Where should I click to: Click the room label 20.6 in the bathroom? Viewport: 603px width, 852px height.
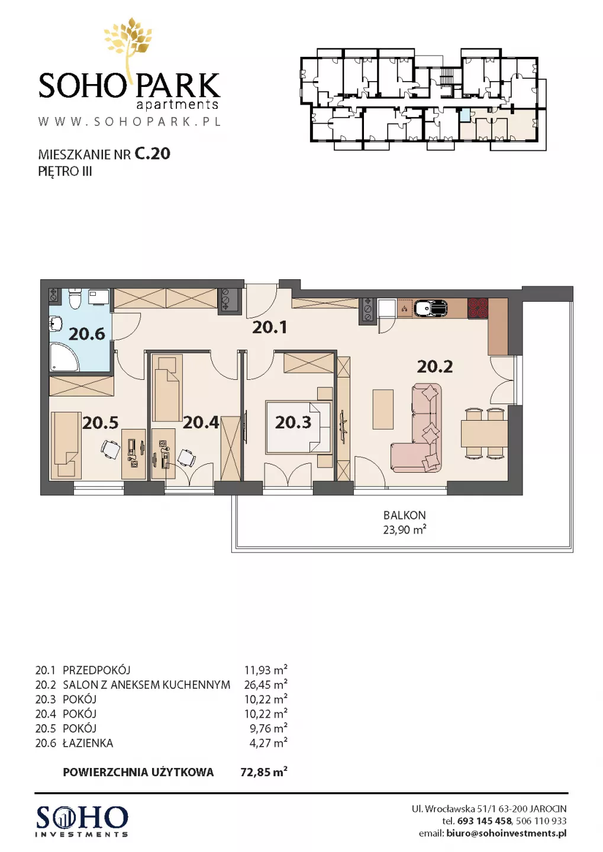[x=86, y=334]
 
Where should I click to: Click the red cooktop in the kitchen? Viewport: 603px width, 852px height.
[x=478, y=307]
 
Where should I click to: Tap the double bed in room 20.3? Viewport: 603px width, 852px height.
[x=298, y=427]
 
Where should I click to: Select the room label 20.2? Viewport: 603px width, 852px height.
[x=435, y=367]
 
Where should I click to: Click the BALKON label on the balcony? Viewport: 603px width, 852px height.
[x=404, y=515]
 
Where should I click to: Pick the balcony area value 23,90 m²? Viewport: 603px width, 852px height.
[x=404, y=530]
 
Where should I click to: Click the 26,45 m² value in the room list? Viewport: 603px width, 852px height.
[x=266, y=684]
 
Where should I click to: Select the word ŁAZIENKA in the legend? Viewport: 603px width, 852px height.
[x=88, y=743]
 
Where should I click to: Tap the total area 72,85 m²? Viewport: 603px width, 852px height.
[x=264, y=772]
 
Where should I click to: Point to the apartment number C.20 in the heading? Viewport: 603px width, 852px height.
[x=152, y=154]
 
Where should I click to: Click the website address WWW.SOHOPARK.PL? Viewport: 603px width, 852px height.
[x=130, y=121]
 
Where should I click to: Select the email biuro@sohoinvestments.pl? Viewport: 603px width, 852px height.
[x=507, y=833]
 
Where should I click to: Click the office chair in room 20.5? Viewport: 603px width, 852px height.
[x=111, y=449]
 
